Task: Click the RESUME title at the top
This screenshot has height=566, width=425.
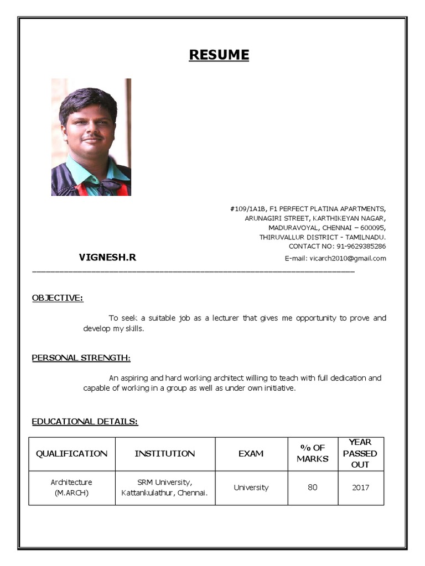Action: [x=219, y=55]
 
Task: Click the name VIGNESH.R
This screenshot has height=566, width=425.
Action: [x=107, y=257]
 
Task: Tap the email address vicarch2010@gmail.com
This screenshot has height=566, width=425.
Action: [x=348, y=258]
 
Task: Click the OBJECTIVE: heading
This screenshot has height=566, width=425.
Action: [x=58, y=298]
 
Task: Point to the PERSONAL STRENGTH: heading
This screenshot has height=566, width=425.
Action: [x=81, y=358]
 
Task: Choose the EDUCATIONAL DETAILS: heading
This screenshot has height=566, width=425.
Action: [x=85, y=422]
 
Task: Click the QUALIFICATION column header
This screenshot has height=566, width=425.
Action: [x=72, y=453]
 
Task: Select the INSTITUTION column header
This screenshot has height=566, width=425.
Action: [x=165, y=453]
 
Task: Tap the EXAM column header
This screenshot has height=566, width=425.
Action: [x=251, y=453]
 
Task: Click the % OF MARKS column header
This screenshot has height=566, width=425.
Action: [x=313, y=453]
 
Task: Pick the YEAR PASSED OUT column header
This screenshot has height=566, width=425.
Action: [x=360, y=453]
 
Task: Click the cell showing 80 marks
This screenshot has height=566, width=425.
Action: [x=313, y=488]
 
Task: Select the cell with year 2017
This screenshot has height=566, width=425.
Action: [x=360, y=488]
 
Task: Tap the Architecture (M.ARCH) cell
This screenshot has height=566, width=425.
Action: [x=72, y=488]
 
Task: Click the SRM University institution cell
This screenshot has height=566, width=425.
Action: [x=165, y=488]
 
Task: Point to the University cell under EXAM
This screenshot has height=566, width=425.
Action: [x=251, y=488]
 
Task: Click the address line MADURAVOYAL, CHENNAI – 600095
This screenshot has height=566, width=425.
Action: [x=327, y=227]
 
